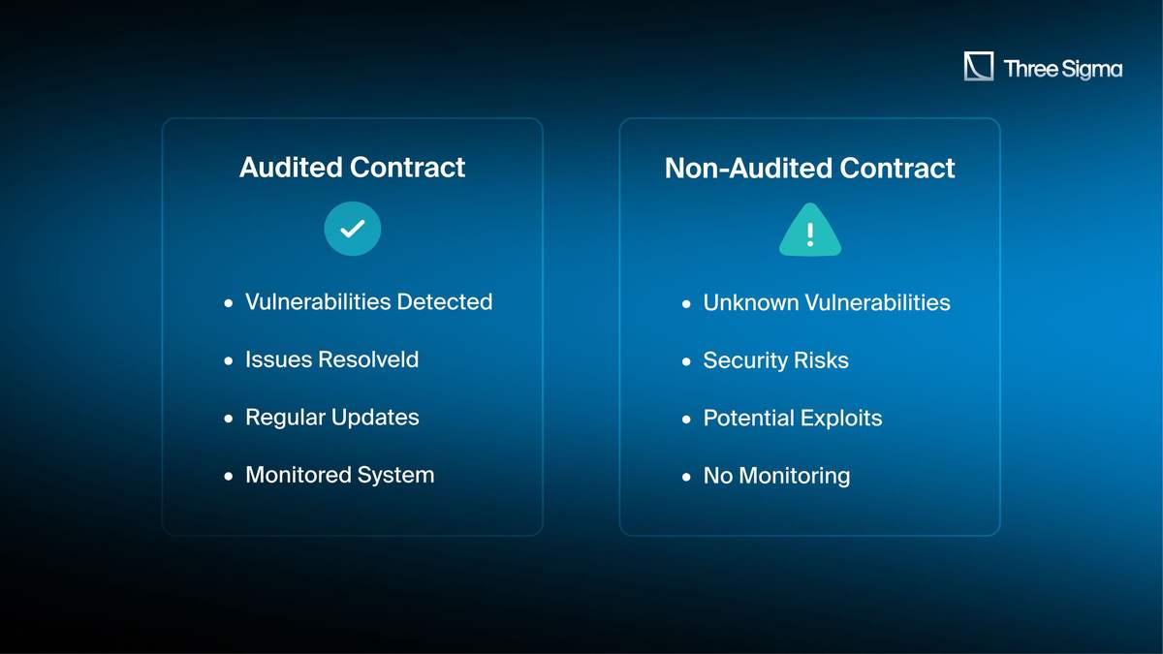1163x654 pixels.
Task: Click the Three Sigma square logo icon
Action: [979, 66]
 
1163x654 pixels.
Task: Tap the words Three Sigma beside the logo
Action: [1063, 69]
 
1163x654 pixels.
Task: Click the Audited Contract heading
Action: [352, 167]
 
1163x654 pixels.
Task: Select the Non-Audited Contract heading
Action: [809, 169]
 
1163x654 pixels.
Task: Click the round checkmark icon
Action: [353, 229]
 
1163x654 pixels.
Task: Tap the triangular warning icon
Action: [810, 230]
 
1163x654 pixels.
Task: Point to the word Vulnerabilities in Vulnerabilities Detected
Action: [318, 301]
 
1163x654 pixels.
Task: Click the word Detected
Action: [445, 301]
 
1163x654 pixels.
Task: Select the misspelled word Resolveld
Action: [368, 359]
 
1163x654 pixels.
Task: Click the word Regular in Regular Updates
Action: [286, 418]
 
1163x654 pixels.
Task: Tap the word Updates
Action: [375, 418]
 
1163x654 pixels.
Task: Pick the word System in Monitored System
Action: [395, 476]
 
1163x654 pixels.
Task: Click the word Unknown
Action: [751, 302]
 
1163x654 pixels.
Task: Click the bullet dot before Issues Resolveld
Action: [229, 360]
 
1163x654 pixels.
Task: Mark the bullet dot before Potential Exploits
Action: [686, 420]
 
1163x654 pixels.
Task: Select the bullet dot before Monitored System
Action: [229, 477]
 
